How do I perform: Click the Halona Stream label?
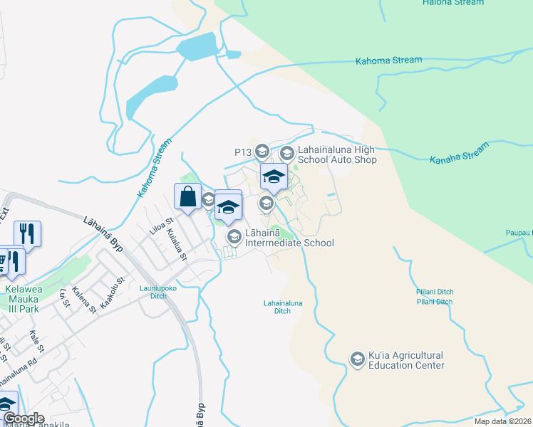[x=452, y=3]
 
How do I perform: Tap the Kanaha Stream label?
[x=460, y=153]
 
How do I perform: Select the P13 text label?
[x=243, y=152]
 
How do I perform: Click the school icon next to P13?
[x=262, y=151]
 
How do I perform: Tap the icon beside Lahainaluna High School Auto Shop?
[x=287, y=152]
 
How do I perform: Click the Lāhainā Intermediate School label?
[x=289, y=238]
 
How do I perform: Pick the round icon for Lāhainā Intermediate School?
[x=233, y=236]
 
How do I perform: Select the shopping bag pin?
[x=187, y=196]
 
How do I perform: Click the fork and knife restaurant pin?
[x=27, y=233]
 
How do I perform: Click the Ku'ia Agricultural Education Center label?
[x=406, y=360]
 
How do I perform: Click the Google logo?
[x=23, y=418]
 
